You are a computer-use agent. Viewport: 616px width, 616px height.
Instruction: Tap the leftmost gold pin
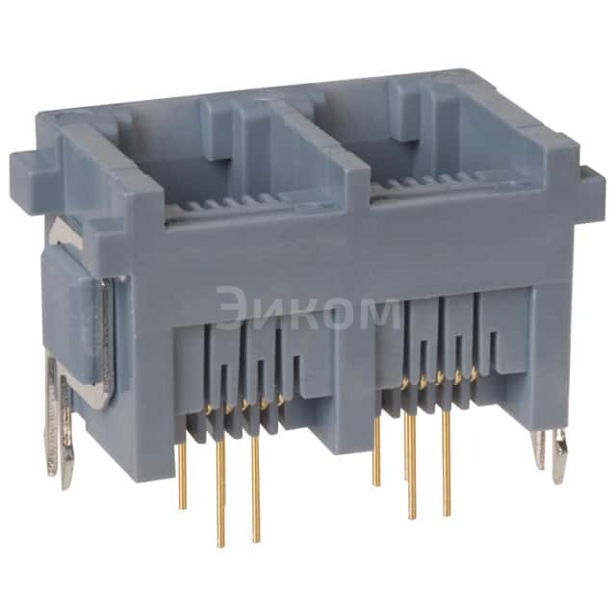183,472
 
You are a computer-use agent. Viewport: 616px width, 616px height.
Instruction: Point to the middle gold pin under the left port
220,491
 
